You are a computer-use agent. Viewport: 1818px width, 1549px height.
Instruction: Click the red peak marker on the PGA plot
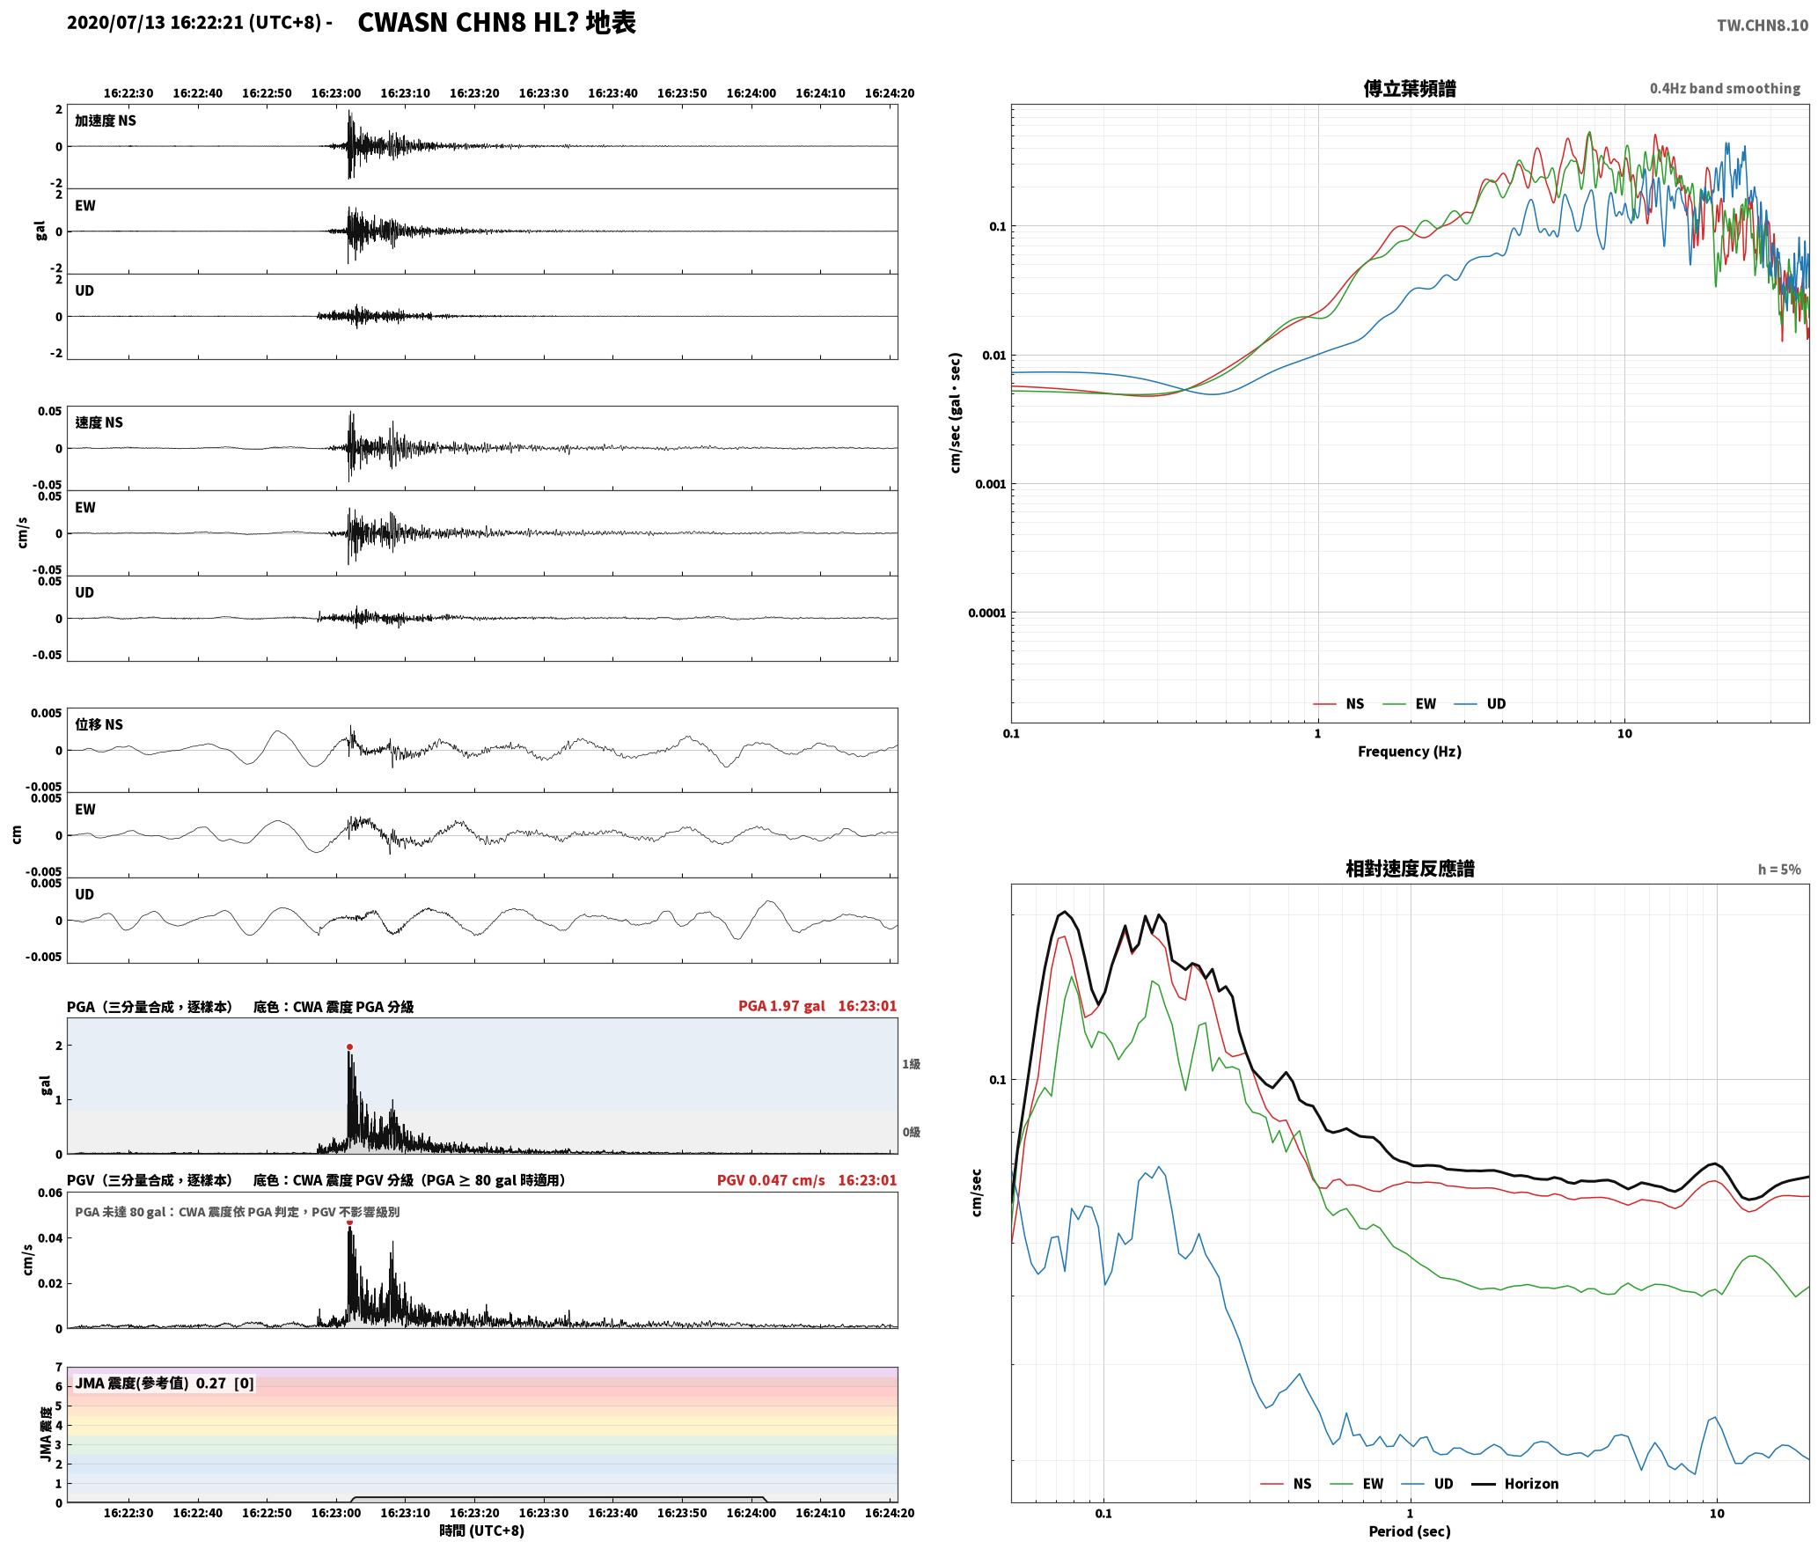tap(349, 1047)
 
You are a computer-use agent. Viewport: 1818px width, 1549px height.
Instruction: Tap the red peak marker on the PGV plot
tap(349, 1222)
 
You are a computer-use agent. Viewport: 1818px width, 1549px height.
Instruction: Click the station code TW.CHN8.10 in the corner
tap(1763, 26)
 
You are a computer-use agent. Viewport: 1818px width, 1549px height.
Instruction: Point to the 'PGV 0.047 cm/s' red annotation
tap(771, 1180)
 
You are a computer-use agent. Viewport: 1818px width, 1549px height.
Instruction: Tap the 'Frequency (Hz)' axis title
tap(1409, 752)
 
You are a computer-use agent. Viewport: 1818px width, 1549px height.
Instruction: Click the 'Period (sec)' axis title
tap(1409, 1531)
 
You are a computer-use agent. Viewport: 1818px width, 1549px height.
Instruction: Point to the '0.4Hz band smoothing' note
tap(1725, 89)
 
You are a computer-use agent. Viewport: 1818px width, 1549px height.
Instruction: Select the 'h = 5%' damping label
tap(1779, 870)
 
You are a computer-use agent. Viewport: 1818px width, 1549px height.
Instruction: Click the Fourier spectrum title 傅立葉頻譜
tap(1409, 88)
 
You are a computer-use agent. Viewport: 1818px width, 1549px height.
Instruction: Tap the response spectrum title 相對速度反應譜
tap(1409, 869)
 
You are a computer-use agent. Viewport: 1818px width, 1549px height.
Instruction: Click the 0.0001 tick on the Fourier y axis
tap(986, 613)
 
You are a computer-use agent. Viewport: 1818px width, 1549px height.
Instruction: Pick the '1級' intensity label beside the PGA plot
tap(911, 1064)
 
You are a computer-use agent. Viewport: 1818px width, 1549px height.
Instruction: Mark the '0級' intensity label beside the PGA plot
tap(911, 1132)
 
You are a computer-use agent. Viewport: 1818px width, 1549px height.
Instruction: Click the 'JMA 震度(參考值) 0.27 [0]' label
tap(165, 1384)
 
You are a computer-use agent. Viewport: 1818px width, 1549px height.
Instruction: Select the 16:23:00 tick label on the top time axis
tap(336, 93)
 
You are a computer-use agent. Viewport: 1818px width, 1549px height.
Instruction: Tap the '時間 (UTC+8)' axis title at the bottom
tap(481, 1531)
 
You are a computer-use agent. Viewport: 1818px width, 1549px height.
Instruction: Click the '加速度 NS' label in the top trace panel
tap(106, 121)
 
